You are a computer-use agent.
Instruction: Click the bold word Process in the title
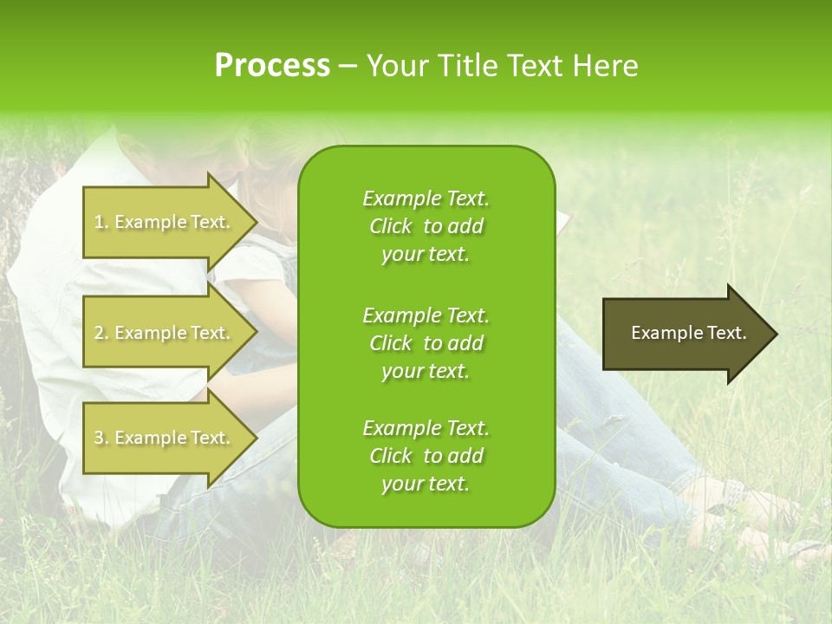(x=272, y=65)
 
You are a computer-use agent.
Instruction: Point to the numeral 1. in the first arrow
(x=101, y=222)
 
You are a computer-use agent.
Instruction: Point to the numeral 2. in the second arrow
(x=101, y=333)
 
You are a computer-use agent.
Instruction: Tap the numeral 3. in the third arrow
(x=101, y=438)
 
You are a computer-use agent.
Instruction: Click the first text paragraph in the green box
(x=426, y=226)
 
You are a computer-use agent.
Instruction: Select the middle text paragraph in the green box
(x=426, y=342)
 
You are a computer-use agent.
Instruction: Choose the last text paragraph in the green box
(x=426, y=456)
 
